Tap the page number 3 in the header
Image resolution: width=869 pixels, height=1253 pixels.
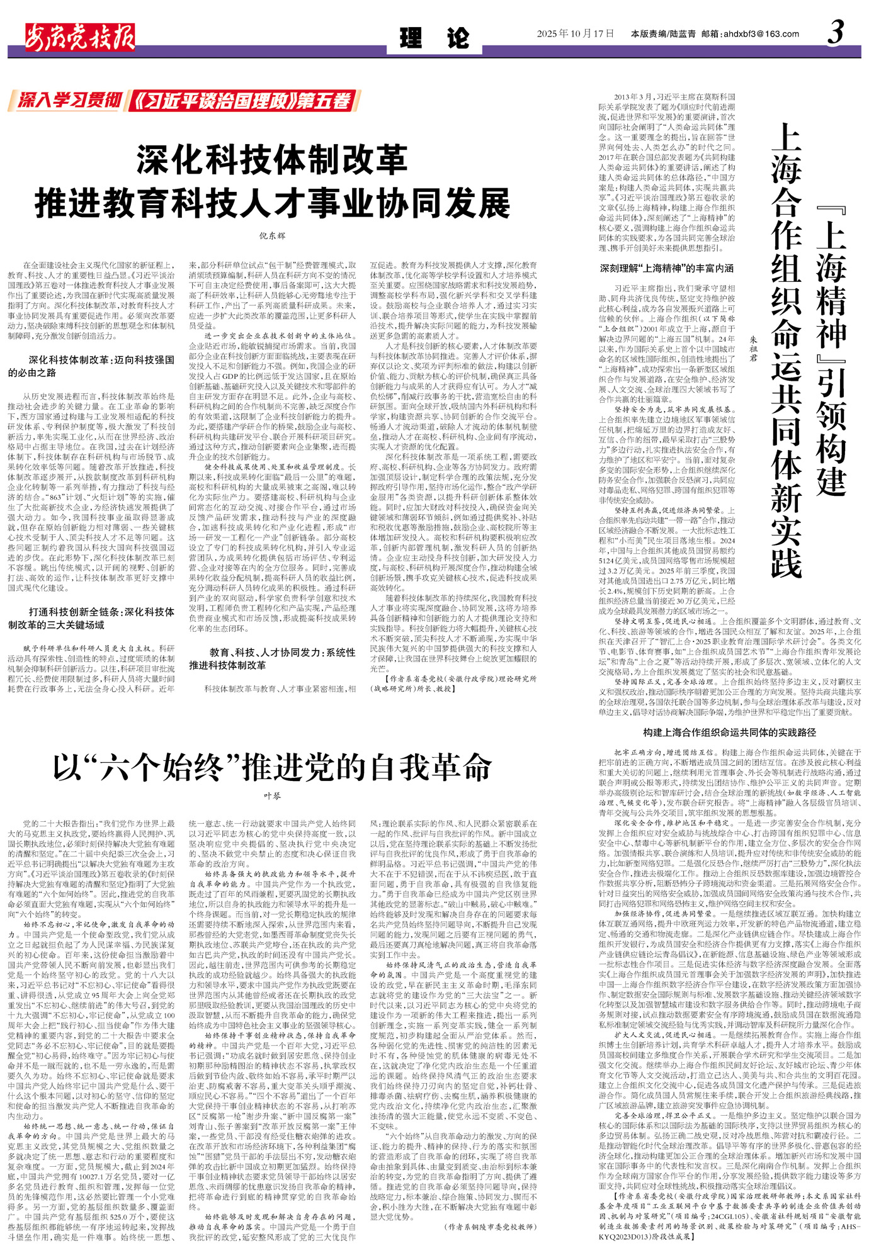pyautogui.click(x=835, y=33)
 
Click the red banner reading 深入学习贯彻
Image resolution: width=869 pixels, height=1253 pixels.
pyautogui.click(x=69, y=101)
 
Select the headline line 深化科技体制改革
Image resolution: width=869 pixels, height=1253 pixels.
pyautogui.click(x=272, y=160)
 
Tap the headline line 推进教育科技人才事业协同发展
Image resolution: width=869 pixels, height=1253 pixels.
pyautogui.click(x=272, y=203)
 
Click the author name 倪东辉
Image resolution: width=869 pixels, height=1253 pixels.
pyautogui.click(x=272, y=236)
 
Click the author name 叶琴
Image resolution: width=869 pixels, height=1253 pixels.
pyautogui.click(x=272, y=796)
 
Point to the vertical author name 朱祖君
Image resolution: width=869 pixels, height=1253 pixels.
pyautogui.click(x=753, y=348)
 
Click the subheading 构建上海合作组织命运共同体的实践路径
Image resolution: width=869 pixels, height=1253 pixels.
pyautogui.click(x=729, y=733)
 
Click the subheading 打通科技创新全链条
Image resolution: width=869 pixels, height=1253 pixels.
pyautogui.click(x=92, y=618)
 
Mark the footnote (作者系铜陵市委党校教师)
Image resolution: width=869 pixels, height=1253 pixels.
pyautogui.click(x=491, y=1227)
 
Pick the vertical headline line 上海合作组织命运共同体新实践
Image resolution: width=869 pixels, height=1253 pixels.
pyautogui.click(x=786, y=349)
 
